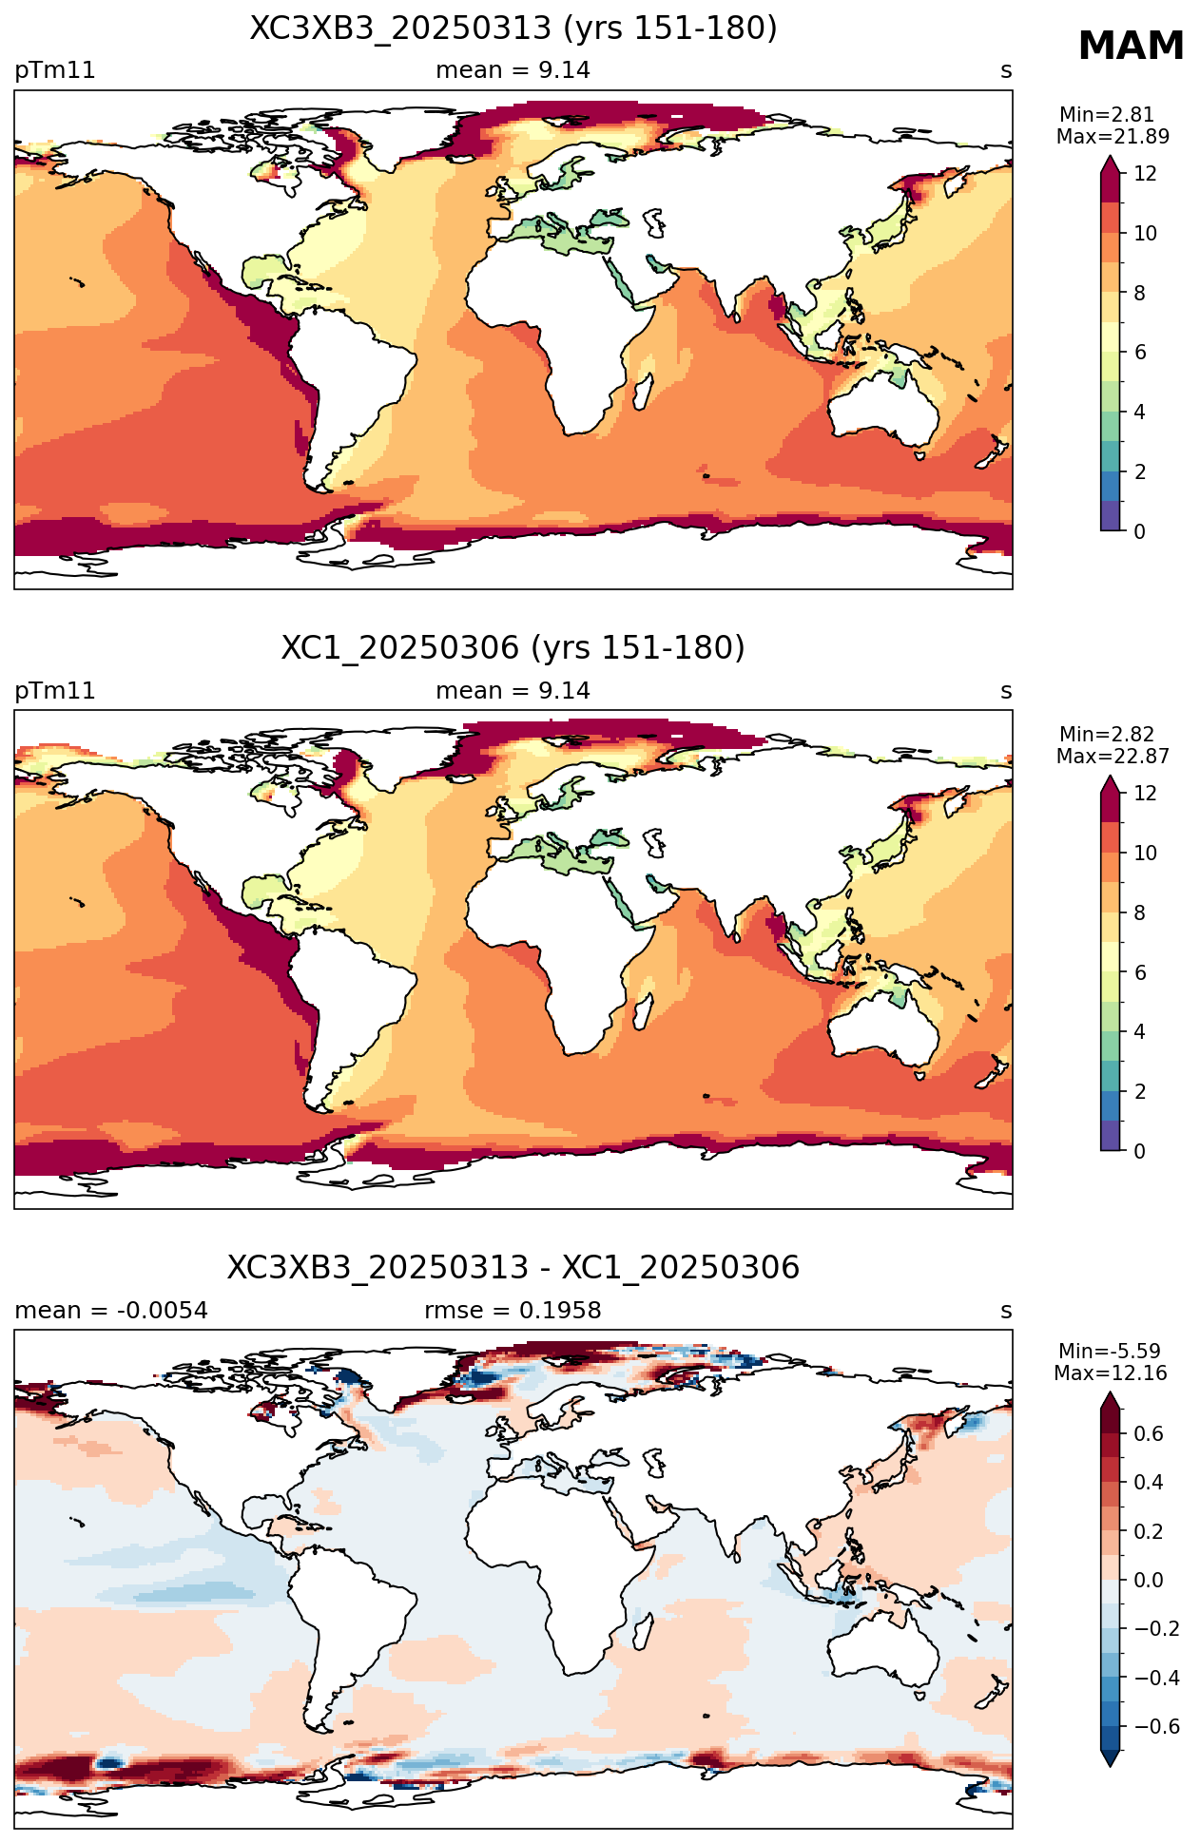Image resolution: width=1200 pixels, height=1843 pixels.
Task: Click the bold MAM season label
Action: click(x=1131, y=46)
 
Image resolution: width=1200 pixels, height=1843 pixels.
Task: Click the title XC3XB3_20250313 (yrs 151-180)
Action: click(x=513, y=29)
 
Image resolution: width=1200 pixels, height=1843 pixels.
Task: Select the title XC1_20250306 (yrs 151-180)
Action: click(x=513, y=648)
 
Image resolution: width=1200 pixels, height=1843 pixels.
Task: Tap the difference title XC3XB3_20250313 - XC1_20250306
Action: click(x=513, y=1268)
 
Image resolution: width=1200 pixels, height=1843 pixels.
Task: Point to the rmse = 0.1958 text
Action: click(x=513, y=1311)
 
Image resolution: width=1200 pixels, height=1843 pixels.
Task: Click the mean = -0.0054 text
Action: click(x=111, y=1311)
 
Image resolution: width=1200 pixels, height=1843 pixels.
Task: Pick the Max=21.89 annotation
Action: click(x=1113, y=137)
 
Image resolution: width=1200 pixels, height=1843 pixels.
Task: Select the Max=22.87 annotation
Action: click(x=1113, y=757)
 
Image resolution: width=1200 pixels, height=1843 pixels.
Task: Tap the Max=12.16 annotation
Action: click(x=1111, y=1373)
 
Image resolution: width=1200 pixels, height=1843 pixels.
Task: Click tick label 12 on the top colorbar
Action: click(x=1145, y=174)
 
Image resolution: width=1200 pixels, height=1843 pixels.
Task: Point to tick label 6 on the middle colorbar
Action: click(x=1139, y=972)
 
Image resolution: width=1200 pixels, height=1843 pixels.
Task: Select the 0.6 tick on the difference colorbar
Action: click(x=1149, y=1434)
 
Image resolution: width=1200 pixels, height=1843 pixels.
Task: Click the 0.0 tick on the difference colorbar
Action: click(x=1149, y=1581)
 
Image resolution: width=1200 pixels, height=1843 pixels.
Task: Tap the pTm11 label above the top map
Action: click(x=55, y=71)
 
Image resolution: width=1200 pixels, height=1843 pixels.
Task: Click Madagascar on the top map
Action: click(x=642, y=392)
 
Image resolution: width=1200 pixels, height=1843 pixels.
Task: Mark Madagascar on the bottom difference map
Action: click(x=642, y=1631)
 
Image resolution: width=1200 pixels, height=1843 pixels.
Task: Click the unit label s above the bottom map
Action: click(x=1006, y=1312)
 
